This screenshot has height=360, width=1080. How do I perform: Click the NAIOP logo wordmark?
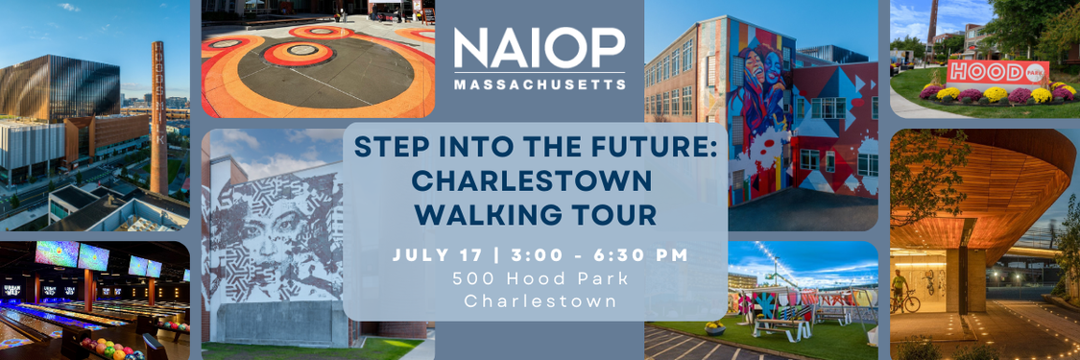540,47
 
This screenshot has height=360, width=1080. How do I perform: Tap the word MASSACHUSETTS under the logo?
540,84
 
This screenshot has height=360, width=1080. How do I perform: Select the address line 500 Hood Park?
540,279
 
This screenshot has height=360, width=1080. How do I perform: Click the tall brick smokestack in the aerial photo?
158,118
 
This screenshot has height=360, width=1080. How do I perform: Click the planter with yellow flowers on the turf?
715,327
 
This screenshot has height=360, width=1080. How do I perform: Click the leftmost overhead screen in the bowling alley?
57,253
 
